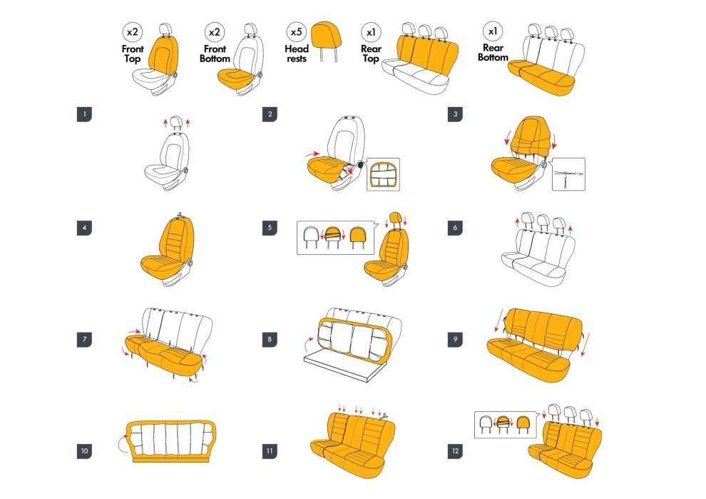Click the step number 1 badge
pyautogui.click(x=84, y=114)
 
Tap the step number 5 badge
pyautogui.click(x=270, y=228)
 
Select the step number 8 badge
pyautogui.click(x=270, y=339)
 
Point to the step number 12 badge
pyautogui.click(x=455, y=450)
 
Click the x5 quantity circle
pyautogui.click(x=296, y=32)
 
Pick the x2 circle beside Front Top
pyautogui.click(x=133, y=32)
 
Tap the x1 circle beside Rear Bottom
pyautogui.click(x=493, y=31)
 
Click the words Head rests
pyautogui.click(x=296, y=54)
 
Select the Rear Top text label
pyautogui.click(x=371, y=54)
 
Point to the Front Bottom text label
pyautogui.click(x=215, y=54)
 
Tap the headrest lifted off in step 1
pyautogui.click(x=176, y=122)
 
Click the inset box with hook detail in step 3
pyautogui.click(x=568, y=174)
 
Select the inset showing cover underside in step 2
pyautogui.click(x=383, y=174)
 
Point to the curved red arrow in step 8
pyautogui.click(x=307, y=343)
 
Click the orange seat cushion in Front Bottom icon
pyautogui.click(x=235, y=78)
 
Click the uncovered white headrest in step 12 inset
pyautogui.click(x=486, y=424)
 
